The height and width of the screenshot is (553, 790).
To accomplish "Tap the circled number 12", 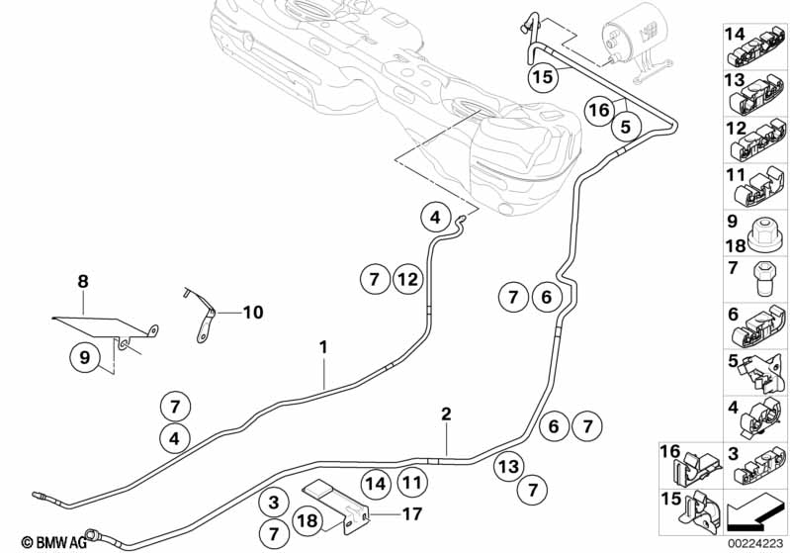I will pyautogui.click(x=407, y=280).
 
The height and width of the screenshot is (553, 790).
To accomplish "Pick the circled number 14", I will pyautogui.click(x=374, y=484).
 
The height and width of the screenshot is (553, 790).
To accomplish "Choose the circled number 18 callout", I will pyautogui.click(x=307, y=521).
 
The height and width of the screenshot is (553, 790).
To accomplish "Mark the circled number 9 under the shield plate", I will pyautogui.click(x=84, y=356).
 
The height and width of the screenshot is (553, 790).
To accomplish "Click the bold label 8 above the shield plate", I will pyautogui.click(x=83, y=282).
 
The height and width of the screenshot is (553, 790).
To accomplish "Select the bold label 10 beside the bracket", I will pyautogui.click(x=252, y=313).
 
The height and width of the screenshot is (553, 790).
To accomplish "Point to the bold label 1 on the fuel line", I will pyautogui.click(x=322, y=347).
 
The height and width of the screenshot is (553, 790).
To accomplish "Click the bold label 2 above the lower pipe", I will pyautogui.click(x=446, y=415).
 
